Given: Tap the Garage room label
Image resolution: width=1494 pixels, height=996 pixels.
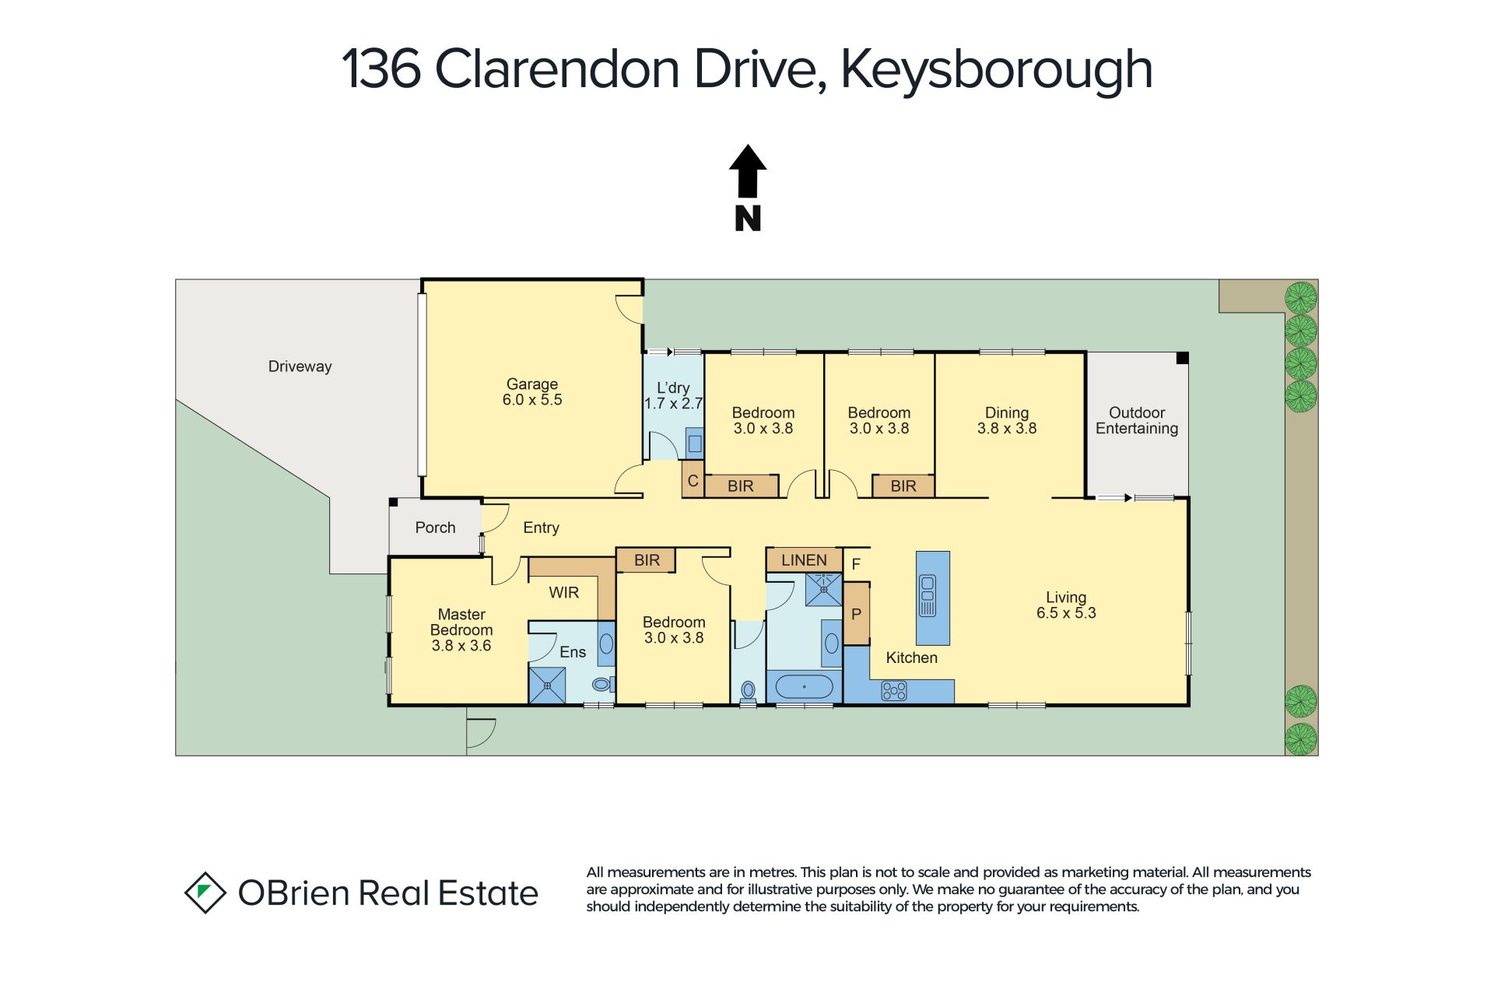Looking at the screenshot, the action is [532, 384].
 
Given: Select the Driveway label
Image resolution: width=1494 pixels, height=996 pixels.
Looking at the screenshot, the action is [300, 366].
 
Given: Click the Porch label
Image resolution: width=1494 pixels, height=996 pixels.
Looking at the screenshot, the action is [435, 528].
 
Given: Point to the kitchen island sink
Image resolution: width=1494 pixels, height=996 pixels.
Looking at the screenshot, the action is [928, 595].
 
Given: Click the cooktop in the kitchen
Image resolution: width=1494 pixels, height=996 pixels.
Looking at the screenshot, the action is [894, 690].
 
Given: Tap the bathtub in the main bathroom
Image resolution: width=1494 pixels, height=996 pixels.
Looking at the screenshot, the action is [805, 687].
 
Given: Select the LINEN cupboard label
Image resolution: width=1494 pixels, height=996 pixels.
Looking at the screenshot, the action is [804, 560].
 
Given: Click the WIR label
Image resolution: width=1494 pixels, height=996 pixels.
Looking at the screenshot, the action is [564, 593].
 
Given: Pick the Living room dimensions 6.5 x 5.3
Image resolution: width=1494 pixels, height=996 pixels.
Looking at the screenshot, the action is [1066, 613].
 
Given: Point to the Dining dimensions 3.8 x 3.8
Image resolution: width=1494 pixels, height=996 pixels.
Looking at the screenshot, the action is [1007, 428].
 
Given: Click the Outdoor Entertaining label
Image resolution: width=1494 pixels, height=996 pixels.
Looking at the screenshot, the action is [1137, 420].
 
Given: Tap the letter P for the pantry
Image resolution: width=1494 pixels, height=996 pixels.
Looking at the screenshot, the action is [856, 614].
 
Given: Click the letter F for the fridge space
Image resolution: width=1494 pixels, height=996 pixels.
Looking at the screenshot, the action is [856, 564].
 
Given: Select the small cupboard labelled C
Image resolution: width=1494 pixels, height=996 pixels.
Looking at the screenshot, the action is [693, 481].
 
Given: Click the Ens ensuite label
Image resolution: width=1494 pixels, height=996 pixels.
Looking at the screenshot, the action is [573, 652].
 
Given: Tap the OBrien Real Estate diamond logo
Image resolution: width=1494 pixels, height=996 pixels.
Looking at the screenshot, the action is [205, 893].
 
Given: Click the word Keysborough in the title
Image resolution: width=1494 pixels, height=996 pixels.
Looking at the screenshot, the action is [996, 70].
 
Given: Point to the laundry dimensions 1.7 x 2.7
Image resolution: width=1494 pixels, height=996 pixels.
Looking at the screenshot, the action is [673, 404].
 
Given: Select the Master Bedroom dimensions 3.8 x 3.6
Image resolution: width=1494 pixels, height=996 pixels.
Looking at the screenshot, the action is [461, 646].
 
